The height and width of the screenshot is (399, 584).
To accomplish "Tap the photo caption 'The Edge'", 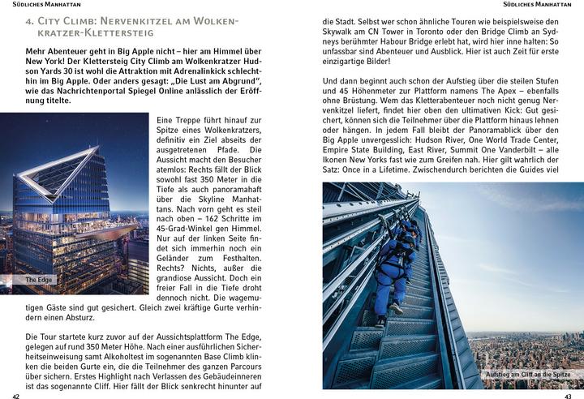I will pos(38,280).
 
